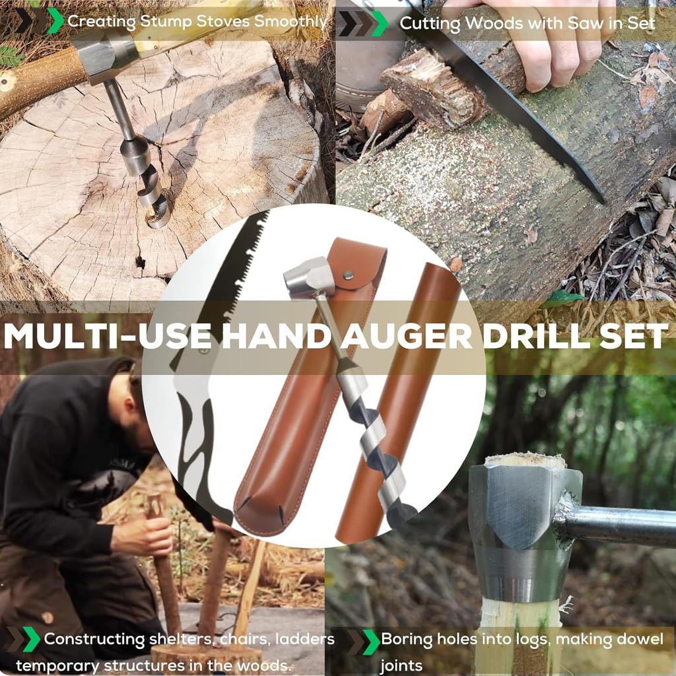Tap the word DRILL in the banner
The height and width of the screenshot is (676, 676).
pyautogui.click(x=529, y=336)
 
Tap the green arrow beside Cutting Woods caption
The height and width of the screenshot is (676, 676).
pyautogui.click(x=380, y=24)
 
